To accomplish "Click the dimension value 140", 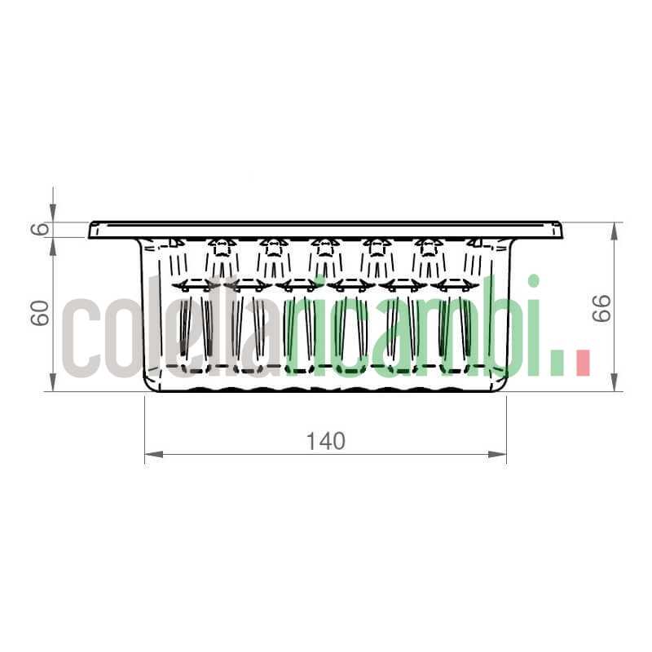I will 326,441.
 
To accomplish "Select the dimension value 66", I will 601,307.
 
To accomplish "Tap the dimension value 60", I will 39,312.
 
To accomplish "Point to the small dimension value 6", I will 39,229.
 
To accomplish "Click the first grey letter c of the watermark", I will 82,335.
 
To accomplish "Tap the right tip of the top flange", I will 562,230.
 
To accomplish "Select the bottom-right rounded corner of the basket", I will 503,385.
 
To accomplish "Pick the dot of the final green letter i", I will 534,281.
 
